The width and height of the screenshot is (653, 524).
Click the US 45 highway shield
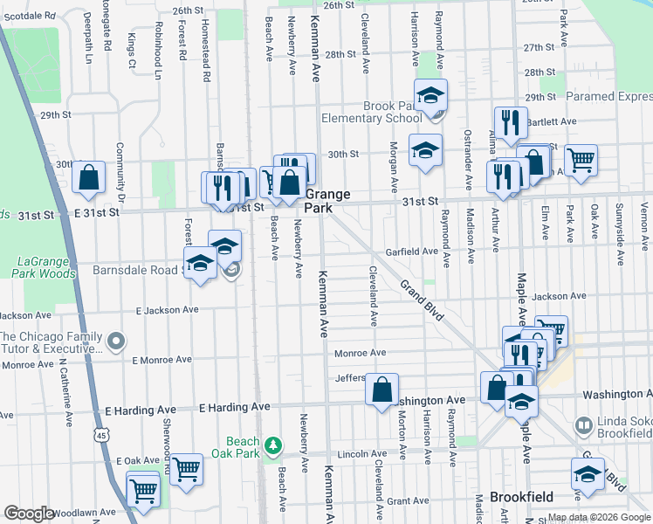[104, 434]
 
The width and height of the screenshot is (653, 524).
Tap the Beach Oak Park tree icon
[274, 446]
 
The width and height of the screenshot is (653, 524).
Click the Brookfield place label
[521, 497]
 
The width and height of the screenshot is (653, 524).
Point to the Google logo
[28, 514]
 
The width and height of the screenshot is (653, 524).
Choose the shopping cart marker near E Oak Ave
[187, 469]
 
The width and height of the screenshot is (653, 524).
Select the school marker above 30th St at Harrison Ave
[425, 150]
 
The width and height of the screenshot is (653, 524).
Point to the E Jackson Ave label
[167, 310]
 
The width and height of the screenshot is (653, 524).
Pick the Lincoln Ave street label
[361, 454]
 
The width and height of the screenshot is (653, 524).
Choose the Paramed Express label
[608, 96]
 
